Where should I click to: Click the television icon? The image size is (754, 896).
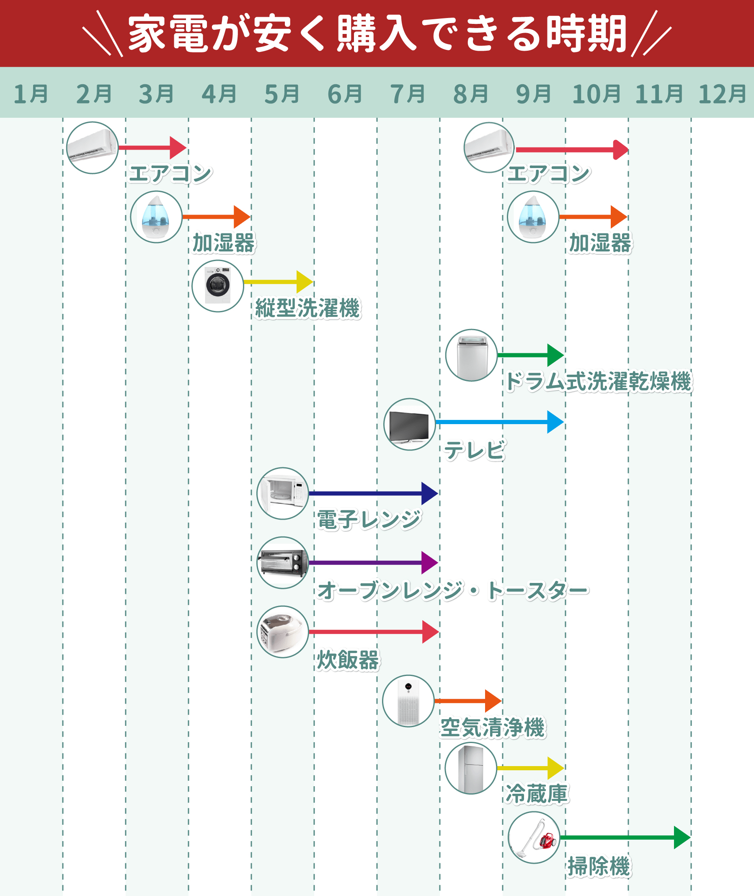409,424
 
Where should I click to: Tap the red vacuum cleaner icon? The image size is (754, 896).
534,837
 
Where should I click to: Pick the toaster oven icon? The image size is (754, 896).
282,562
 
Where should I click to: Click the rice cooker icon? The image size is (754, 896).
282,632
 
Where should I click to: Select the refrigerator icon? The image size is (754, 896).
470,768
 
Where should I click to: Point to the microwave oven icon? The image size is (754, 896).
282,493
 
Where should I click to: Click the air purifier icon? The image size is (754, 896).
408,701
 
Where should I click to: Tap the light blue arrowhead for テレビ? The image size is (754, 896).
555,422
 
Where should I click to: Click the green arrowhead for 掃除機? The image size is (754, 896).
682,837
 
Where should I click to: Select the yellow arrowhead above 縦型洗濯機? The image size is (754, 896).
305,282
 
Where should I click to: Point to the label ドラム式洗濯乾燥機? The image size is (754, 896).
598,381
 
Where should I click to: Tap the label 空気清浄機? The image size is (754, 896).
493,728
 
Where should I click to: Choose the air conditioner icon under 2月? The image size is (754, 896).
92,148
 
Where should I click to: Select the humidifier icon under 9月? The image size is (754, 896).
533,217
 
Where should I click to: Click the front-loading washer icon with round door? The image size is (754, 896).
217,286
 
